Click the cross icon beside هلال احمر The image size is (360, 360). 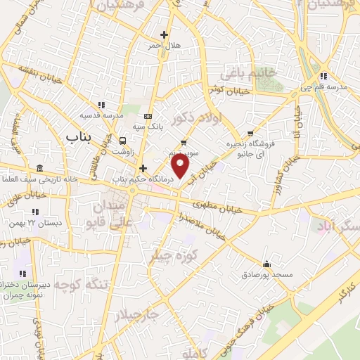coord(164,34)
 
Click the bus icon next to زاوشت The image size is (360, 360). coord(122,141)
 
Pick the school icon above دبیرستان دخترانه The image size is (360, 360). coord(22,273)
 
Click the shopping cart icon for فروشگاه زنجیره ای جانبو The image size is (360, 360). coord(250,133)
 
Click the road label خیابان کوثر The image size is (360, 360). coord(224,89)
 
